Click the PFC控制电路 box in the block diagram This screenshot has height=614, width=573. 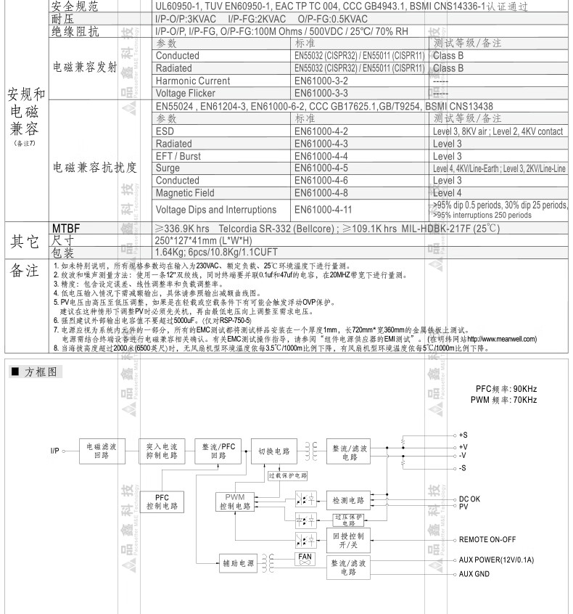(x=162, y=502)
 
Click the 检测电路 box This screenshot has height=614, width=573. (x=349, y=500)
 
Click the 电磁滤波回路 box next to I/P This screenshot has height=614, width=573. (x=102, y=451)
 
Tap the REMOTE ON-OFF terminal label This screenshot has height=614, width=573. (x=487, y=540)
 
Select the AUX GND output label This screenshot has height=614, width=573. (x=476, y=574)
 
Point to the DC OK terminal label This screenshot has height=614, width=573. (x=469, y=499)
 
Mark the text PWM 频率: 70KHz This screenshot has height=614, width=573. (x=503, y=400)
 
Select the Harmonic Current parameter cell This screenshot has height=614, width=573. (x=193, y=81)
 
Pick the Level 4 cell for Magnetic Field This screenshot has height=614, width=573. (x=448, y=193)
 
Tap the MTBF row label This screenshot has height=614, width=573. (x=66, y=228)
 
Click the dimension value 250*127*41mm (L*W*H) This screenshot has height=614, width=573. (x=204, y=240)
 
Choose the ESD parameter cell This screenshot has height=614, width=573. (x=165, y=131)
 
